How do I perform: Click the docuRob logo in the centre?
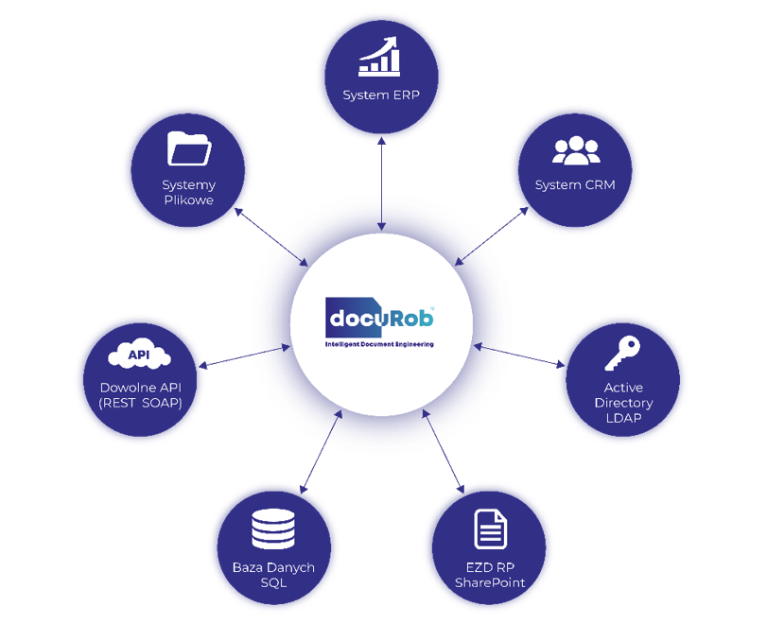(x=379, y=317)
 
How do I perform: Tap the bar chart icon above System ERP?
(x=380, y=57)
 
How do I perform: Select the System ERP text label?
(x=380, y=95)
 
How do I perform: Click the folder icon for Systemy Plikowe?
(x=188, y=148)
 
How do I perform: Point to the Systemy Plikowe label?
(x=188, y=192)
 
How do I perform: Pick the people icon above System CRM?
(x=575, y=150)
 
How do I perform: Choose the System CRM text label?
(x=575, y=184)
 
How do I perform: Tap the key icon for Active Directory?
(x=622, y=354)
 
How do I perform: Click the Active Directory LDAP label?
(x=622, y=403)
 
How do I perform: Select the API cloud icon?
(x=140, y=355)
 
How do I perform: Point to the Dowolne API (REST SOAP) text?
(x=140, y=395)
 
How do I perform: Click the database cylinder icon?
(x=273, y=529)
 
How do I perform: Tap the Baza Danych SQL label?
(x=273, y=575)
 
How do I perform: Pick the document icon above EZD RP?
(x=489, y=529)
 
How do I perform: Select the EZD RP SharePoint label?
(x=489, y=575)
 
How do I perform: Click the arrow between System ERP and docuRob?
(x=380, y=183)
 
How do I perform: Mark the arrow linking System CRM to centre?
(x=492, y=235)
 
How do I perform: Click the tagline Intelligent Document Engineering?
(x=379, y=344)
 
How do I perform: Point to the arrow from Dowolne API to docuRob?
(x=244, y=356)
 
